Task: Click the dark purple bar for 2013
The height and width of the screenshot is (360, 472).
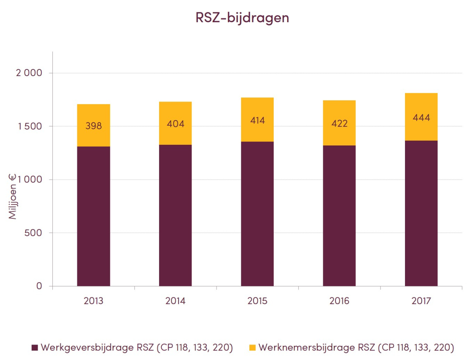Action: [94, 216]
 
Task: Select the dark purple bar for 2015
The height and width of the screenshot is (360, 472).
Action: [257, 214]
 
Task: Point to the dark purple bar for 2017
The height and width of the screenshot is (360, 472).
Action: [421, 214]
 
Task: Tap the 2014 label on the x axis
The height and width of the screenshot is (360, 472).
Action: [175, 301]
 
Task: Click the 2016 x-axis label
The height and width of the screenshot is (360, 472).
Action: [339, 301]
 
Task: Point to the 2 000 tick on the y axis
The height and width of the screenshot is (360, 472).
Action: [28, 73]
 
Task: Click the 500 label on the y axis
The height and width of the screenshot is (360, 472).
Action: [33, 233]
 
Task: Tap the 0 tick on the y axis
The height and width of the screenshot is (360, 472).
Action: [39, 286]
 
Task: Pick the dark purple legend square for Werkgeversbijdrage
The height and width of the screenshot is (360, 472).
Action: [35, 348]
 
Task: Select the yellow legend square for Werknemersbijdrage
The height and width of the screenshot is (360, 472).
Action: [252, 348]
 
